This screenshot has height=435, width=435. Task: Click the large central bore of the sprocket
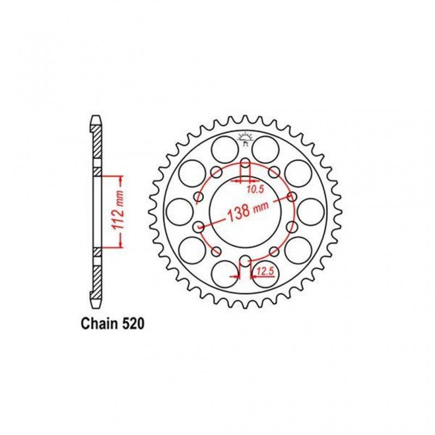point(245,212)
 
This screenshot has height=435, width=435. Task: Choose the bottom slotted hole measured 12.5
point(245,261)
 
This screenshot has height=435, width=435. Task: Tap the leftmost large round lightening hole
point(178,212)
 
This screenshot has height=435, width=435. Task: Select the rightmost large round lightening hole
point(312,212)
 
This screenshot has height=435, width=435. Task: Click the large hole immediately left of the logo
point(223,148)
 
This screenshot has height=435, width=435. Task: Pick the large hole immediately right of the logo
point(266,148)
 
